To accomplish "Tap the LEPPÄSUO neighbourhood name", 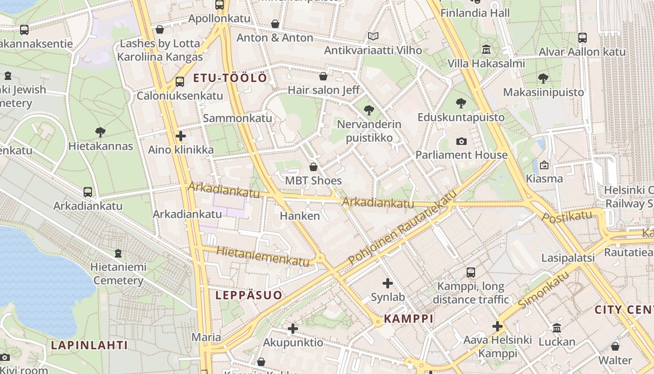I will [x=249, y=295].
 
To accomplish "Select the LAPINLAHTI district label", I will [x=89, y=345].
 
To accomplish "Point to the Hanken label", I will [x=300, y=216].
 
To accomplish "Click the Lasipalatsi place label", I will [x=568, y=258].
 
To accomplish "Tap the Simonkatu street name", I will [x=544, y=289].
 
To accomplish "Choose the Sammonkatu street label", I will [x=237, y=118].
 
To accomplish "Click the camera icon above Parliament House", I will [x=461, y=141].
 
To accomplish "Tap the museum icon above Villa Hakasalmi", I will [x=486, y=49].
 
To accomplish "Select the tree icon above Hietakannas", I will [x=100, y=132].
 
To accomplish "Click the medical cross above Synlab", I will [x=388, y=283].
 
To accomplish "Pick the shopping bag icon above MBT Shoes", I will [x=313, y=166].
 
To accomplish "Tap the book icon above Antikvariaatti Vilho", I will [x=373, y=36].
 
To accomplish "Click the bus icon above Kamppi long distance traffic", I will [x=471, y=272].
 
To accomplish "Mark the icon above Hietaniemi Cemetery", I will [x=118, y=253].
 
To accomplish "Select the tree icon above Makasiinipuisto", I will [x=543, y=78].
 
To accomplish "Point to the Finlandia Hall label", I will [x=475, y=13].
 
